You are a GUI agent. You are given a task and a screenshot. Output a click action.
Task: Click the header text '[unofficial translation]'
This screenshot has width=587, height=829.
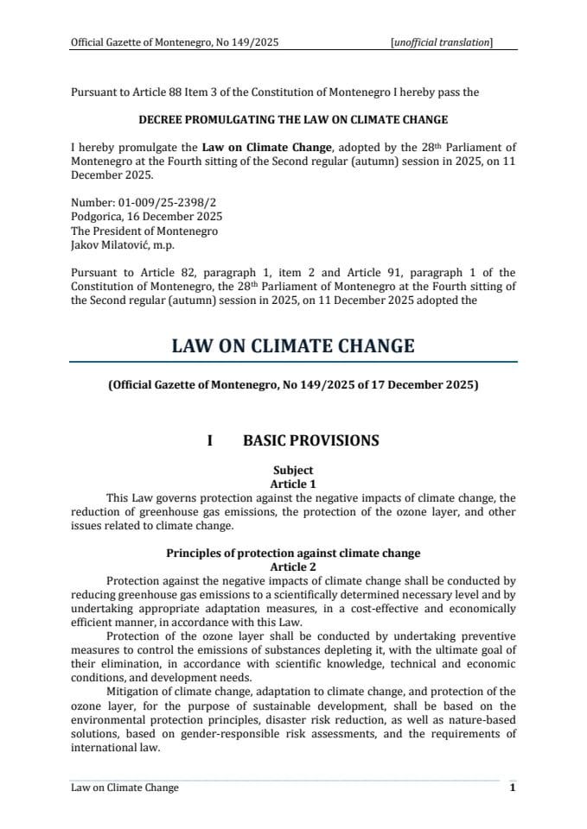[x=442, y=41]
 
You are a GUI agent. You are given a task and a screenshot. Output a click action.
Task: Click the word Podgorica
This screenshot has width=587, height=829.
[x=97, y=217]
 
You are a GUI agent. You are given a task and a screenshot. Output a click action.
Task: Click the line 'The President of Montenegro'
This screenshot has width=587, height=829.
[x=144, y=231]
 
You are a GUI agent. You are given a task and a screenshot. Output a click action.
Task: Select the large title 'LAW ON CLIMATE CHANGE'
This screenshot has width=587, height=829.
[x=293, y=346]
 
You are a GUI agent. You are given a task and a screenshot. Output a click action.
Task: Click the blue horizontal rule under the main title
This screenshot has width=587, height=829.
[x=293, y=361]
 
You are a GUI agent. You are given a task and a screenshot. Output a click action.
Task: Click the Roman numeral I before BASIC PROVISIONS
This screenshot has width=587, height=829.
[x=209, y=440]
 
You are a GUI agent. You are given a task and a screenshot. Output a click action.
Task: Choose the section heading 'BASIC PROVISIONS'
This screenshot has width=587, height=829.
[x=311, y=440]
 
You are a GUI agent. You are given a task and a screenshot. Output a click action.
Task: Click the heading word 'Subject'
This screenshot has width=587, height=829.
[x=293, y=471]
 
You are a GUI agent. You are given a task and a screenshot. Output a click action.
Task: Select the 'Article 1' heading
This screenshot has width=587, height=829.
[x=293, y=484]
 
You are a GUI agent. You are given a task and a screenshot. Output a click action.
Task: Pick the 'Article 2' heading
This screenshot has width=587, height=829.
[x=293, y=566]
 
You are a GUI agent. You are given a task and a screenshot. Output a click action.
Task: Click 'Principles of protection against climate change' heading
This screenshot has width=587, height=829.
[x=293, y=553]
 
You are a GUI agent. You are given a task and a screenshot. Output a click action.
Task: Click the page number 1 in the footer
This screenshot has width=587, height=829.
[x=513, y=788]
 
